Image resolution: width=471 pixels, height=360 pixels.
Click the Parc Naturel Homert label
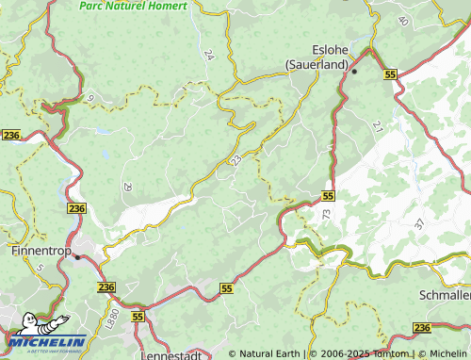(x=133, y=5)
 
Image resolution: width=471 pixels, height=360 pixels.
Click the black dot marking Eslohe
(x=355, y=71)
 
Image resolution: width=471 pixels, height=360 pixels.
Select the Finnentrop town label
(x=40, y=253)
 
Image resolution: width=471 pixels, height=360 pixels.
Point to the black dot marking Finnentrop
(x=78, y=256)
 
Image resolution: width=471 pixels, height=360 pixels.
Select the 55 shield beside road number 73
(x=327, y=196)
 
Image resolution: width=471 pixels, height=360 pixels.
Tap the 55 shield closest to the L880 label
(x=138, y=319)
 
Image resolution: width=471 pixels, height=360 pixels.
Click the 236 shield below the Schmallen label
(x=421, y=327)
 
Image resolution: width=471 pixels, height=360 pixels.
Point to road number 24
(x=208, y=56)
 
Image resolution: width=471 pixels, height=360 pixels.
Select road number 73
(x=326, y=215)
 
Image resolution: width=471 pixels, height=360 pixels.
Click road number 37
(x=418, y=224)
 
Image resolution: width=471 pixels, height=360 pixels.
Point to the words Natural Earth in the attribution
(x=269, y=353)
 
